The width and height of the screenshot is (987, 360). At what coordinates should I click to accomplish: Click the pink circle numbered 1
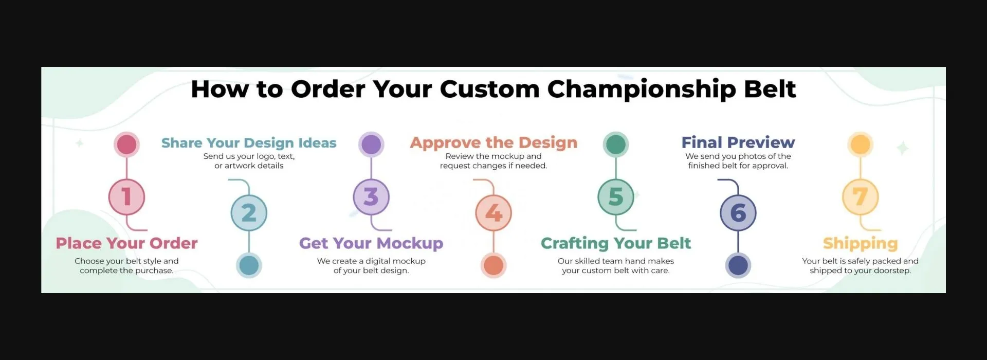tap(126, 197)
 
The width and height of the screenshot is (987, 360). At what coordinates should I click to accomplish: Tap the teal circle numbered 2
tap(249, 213)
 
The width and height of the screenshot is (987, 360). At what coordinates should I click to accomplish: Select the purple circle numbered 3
tap(371, 197)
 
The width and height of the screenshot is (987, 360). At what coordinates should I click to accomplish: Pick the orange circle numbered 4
tap(493, 213)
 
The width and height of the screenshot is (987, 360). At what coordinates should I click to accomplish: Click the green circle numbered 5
tap(616, 197)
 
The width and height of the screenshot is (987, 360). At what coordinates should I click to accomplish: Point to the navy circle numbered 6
tap(738, 213)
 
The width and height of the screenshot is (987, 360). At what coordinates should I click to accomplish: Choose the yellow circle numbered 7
tap(861, 197)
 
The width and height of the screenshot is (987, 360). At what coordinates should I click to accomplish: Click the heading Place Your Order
tap(126, 243)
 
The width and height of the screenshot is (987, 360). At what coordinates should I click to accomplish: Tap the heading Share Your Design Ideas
tap(249, 143)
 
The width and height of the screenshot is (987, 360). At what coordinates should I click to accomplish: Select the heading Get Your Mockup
tap(371, 243)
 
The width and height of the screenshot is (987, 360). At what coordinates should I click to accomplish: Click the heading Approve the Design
tap(493, 143)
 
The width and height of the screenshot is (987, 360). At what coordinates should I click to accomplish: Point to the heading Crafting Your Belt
tap(616, 243)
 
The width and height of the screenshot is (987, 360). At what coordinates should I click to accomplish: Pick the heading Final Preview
tap(738, 142)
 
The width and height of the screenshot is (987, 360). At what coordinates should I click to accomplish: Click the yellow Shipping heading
tap(861, 244)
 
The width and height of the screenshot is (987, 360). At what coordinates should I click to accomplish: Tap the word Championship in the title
tap(642, 89)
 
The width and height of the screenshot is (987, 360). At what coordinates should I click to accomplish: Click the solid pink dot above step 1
tap(126, 145)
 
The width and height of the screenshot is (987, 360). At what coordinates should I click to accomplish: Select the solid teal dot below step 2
tap(249, 265)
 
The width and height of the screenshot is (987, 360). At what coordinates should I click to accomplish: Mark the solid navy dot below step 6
tap(738, 265)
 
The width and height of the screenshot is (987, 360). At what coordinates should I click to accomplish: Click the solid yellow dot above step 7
tap(861, 145)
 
